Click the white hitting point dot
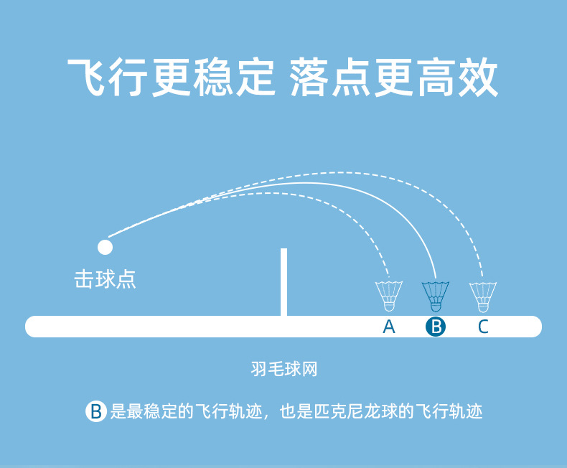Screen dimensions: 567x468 (x=106, y=247)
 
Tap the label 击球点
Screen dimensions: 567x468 (x=105, y=279)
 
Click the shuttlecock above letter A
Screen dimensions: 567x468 (x=388, y=294)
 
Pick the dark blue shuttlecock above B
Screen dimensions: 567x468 (x=435, y=294)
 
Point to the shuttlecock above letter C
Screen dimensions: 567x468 (x=483, y=294)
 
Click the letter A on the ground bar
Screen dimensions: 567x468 (x=389, y=327)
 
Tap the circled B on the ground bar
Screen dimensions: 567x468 (x=436, y=327)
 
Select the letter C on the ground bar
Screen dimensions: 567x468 (x=483, y=327)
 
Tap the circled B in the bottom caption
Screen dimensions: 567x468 (x=95, y=411)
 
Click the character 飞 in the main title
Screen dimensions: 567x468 (x=88, y=78)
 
